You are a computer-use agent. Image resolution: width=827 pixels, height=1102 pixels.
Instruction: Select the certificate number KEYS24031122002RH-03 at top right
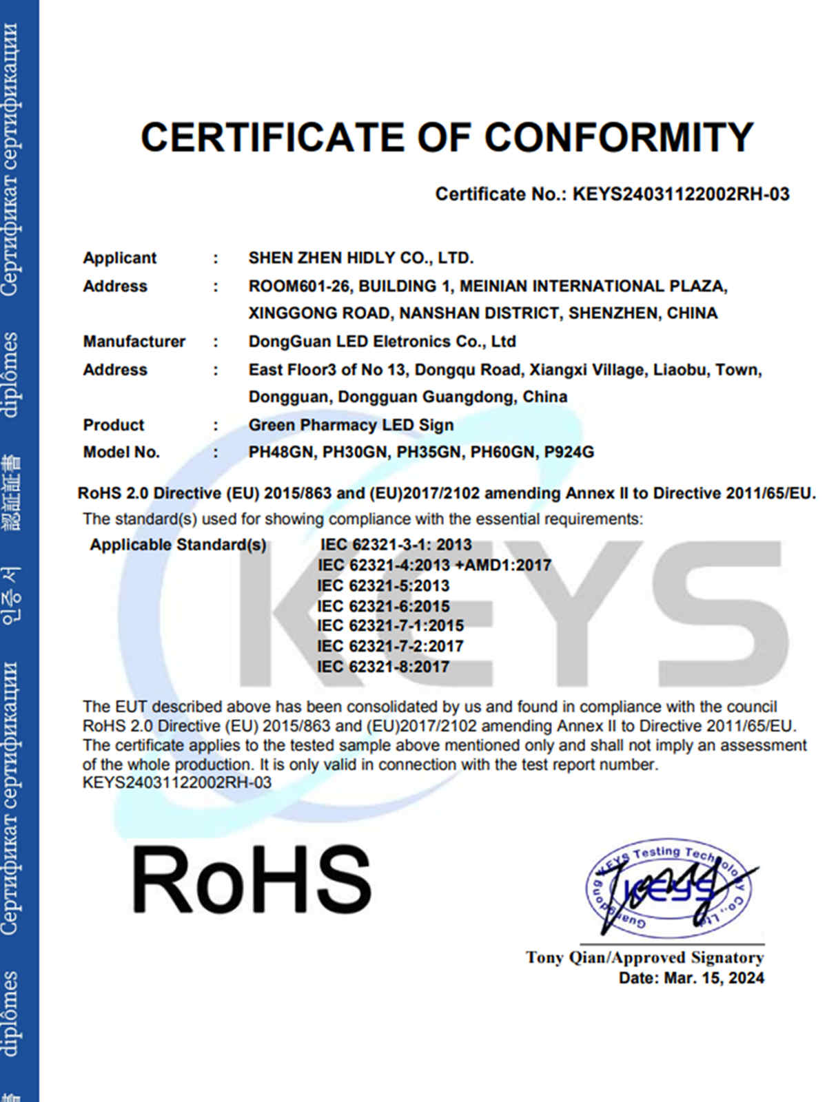[681, 194]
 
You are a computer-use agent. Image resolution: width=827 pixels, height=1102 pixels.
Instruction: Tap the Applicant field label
[120, 258]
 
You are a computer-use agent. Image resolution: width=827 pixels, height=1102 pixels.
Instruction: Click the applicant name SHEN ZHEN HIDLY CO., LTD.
[360, 258]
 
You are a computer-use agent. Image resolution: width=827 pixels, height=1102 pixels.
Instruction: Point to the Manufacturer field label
[134, 342]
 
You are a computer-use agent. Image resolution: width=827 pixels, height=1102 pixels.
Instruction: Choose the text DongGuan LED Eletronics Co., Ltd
[382, 342]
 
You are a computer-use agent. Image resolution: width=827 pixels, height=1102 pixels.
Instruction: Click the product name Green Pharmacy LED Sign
[351, 425]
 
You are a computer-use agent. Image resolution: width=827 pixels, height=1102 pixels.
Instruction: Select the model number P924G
[569, 453]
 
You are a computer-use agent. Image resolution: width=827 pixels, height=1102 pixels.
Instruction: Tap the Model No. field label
[121, 453]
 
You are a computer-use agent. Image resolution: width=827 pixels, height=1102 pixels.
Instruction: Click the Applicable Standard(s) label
[178, 545]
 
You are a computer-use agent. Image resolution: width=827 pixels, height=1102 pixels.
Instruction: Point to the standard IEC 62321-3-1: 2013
[396, 545]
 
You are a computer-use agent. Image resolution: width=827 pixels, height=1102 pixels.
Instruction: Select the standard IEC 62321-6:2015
[383, 606]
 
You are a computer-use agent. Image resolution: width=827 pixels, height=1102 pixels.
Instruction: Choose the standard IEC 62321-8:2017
[383, 667]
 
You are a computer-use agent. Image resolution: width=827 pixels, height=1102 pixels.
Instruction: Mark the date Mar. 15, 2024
[714, 978]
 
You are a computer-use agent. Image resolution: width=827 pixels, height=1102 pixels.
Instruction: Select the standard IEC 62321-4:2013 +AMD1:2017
[434, 565]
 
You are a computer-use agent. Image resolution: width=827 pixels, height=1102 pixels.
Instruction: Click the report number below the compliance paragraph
[177, 783]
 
